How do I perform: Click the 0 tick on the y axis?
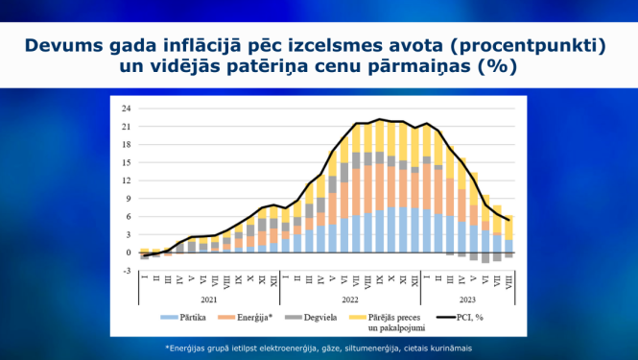129,252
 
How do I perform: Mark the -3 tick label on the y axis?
127,272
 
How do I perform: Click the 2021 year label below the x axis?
208,298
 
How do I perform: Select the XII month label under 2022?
414,282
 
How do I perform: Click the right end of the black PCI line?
508,220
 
